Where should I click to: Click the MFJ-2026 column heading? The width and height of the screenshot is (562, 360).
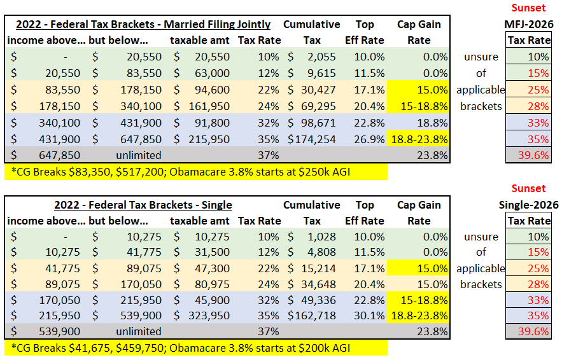528,25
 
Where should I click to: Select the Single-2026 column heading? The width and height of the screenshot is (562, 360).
528,205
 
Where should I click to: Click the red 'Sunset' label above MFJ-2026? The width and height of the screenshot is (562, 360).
528,8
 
